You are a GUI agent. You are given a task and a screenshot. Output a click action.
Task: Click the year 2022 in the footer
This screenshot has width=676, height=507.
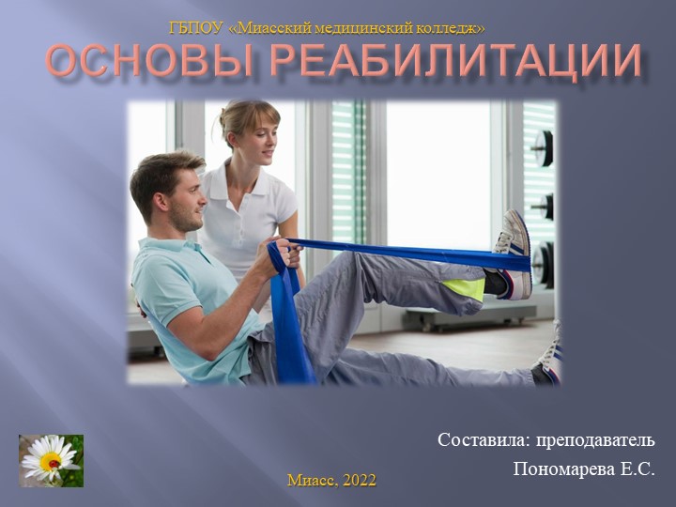click(359, 480)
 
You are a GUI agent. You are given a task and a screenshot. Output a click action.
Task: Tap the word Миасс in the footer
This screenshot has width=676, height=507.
click(312, 480)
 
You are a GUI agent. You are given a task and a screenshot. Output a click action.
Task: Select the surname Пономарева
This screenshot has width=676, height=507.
click(560, 468)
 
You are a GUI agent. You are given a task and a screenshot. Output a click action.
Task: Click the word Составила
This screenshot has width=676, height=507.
click(481, 439)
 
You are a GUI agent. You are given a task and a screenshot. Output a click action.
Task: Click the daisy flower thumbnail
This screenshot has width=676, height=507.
click(51, 460)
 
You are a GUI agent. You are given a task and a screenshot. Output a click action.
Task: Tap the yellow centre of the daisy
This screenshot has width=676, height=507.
click(50, 461)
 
